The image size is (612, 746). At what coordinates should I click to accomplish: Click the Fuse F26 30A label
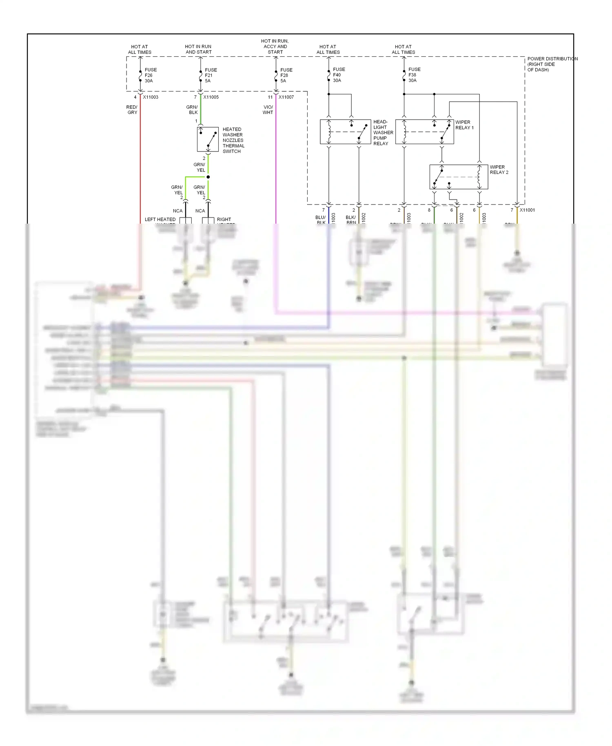click(150, 75)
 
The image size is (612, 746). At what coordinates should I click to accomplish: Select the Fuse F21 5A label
click(211, 75)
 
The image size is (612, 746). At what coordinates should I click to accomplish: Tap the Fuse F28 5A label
click(286, 75)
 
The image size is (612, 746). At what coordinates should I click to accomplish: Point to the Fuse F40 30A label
click(339, 75)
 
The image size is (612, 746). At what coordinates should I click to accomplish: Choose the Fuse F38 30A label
click(414, 75)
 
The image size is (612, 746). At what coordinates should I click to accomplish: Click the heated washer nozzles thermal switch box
click(208, 140)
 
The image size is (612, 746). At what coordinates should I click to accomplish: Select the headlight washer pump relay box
click(345, 132)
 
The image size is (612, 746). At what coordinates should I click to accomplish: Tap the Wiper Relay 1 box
click(424, 132)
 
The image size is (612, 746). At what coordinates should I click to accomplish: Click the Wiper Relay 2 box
click(459, 177)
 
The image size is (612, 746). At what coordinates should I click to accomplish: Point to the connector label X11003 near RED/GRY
click(151, 97)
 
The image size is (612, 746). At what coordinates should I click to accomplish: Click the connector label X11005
click(211, 97)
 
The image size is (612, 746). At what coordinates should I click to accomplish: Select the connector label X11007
click(286, 97)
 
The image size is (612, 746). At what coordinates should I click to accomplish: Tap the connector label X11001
click(527, 210)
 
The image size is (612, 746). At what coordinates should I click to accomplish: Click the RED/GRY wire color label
click(132, 110)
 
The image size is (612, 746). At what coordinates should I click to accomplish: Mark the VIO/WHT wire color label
click(268, 110)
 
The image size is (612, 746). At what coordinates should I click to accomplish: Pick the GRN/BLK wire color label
click(192, 110)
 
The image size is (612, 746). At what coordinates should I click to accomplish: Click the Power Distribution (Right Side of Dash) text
click(552, 64)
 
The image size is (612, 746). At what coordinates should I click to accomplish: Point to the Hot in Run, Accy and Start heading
click(275, 47)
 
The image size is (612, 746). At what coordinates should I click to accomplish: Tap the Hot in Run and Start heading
click(198, 49)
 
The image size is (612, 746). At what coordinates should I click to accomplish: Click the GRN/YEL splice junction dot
click(208, 177)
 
